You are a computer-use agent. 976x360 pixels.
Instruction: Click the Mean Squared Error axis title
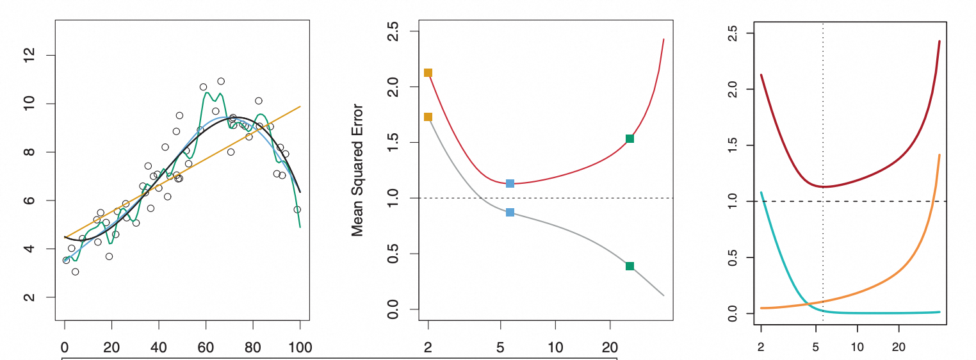pyautogui.click(x=357, y=170)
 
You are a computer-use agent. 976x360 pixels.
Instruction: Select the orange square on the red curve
pyautogui.click(x=428, y=73)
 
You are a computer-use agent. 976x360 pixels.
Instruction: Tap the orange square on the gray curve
pyautogui.click(x=428, y=117)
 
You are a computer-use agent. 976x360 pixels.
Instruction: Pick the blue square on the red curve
pyautogui.click(x=510, y=183)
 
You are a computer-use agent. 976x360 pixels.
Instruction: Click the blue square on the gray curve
pyautogui.click(x=510, y=212)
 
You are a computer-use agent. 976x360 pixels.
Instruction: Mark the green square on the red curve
pyautogui.click(x=630, y=138)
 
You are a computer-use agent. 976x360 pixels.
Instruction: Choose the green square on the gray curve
pyautogui.click(x=630, y=266)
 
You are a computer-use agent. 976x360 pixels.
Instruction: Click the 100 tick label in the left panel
pyautogui.click(x=300, y=348)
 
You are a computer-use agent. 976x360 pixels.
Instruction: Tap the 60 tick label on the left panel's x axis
pyautogui.click(x=206, y=348)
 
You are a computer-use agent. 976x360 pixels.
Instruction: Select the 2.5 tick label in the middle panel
pyautogui.click(x=394, y=31)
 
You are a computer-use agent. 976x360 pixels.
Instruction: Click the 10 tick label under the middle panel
pyautogui.click(x=555, y=348)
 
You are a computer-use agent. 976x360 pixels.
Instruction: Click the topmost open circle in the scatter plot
pyautogui.click(x=221, y=81)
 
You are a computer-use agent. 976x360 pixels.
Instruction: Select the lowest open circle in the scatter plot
pyautogui.click(x=76, y=272)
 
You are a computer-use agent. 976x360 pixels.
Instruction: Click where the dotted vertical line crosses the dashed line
pyautogui.click(x=822, y=202)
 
